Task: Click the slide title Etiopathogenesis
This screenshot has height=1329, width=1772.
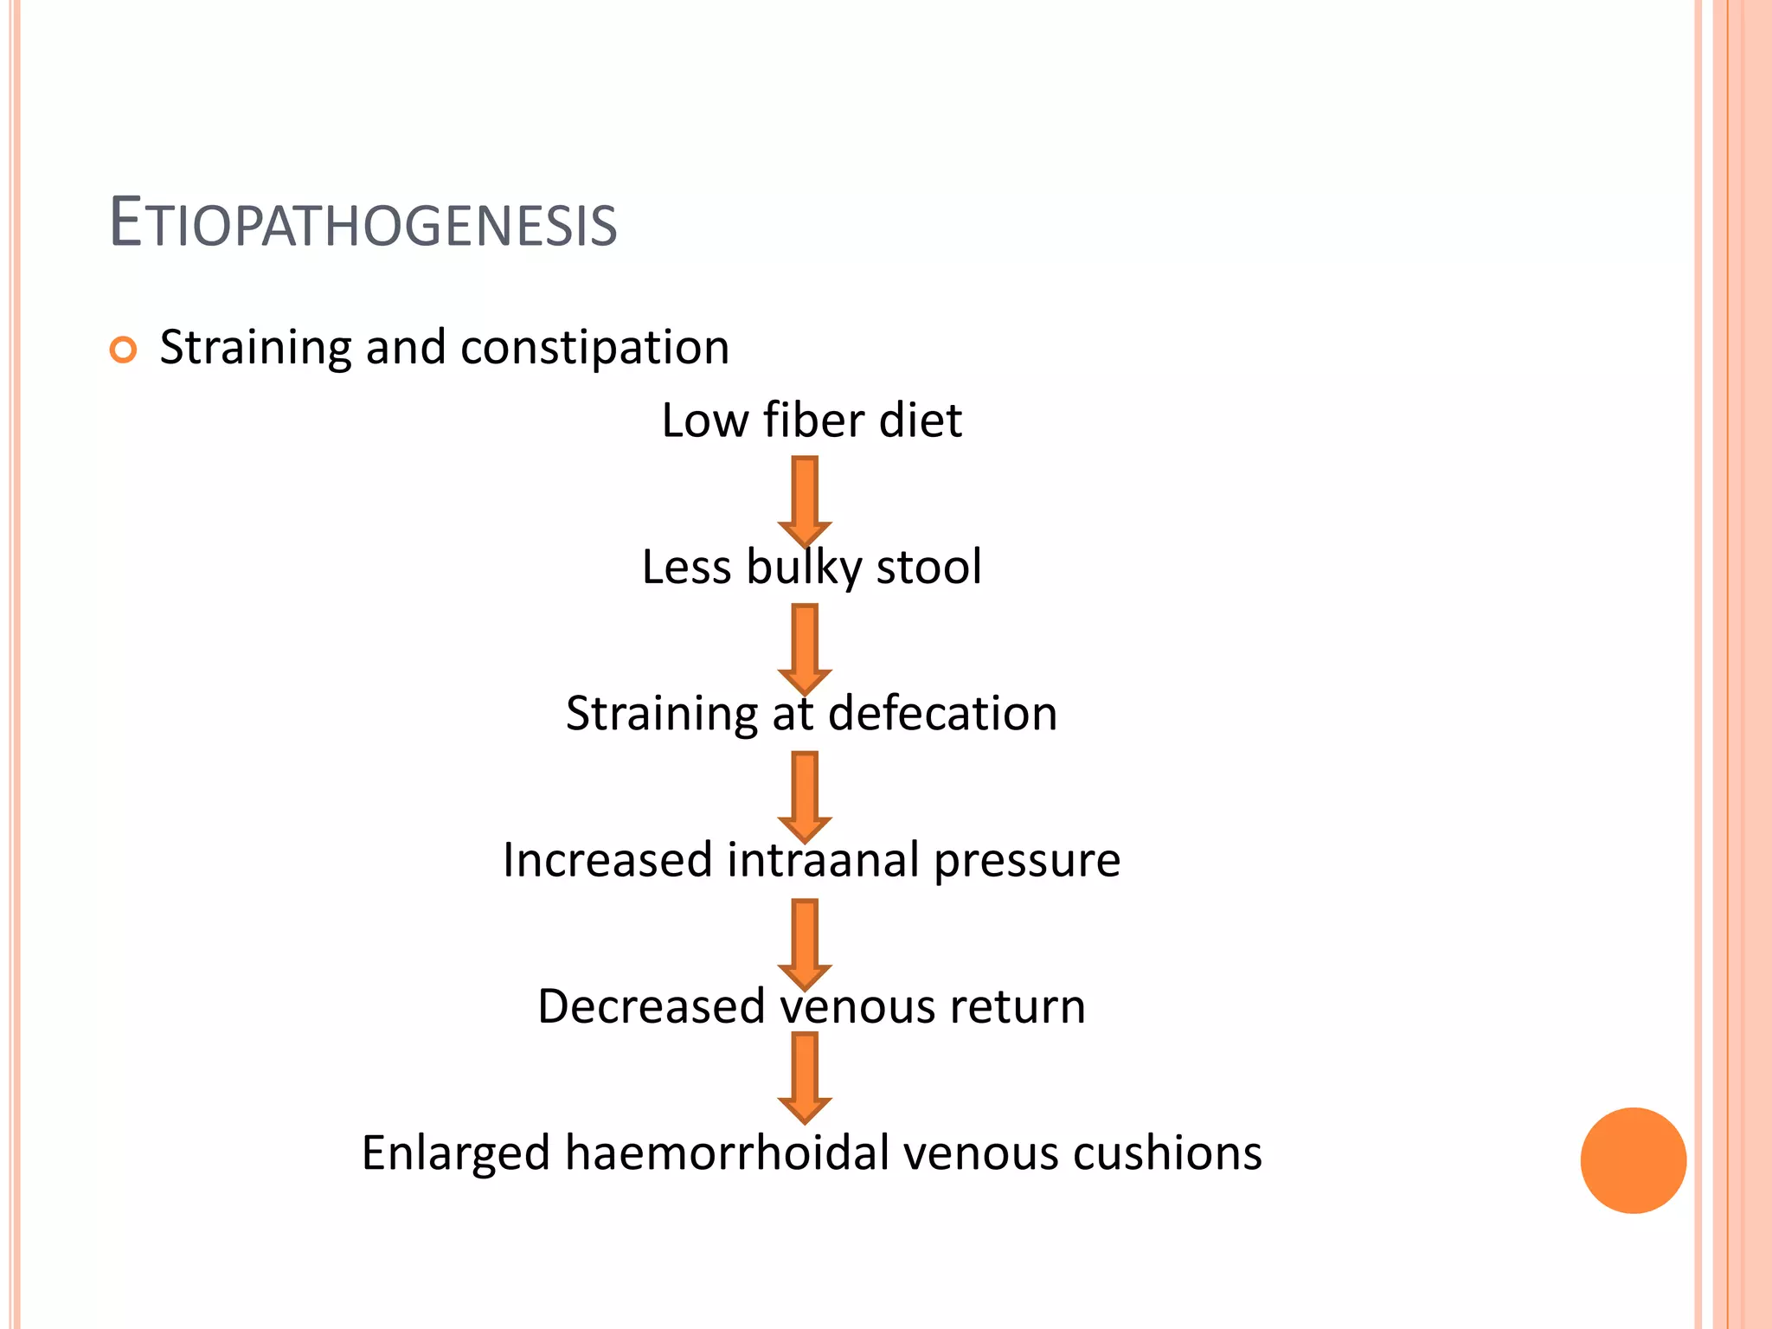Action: [x=363, y=224]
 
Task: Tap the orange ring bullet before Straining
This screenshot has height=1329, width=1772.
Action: [x=124, y=350]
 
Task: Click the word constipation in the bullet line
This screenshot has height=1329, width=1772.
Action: [x=595, y=349]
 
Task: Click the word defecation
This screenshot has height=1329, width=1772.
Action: [x=942, y=714]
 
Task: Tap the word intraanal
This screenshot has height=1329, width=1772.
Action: [x=823, y=860]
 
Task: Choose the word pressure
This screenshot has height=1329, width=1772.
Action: [x=1027, y=862]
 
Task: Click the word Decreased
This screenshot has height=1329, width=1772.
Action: [x=652, y=1006]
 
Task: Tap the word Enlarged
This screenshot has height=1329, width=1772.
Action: [x=455, y=1154]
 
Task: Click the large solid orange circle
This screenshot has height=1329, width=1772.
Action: [x=1633, y=1160]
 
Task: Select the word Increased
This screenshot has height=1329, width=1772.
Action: [x=607, y=860]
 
